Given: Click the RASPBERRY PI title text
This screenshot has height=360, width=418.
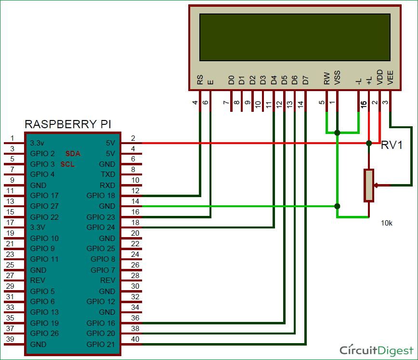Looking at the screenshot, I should [68, 124].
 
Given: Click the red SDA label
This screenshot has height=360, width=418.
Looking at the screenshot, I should [73, 154].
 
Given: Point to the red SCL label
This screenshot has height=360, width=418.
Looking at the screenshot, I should [67, 164].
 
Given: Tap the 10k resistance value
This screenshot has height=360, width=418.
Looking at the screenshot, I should [386, 223].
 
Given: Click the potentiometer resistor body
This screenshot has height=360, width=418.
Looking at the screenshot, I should [369, 185].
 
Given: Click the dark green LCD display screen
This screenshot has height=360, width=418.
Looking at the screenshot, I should [294, 37].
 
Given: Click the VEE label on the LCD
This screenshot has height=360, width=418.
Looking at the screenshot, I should [390, 78].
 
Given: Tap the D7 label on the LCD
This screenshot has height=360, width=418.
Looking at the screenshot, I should [305, 80].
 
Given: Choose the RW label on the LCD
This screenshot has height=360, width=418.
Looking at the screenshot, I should [327, 78].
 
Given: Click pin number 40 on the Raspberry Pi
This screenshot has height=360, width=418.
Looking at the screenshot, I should [135, 340].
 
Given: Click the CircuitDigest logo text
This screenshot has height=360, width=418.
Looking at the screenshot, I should [376, 350].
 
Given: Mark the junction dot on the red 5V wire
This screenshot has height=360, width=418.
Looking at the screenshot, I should [369, 143].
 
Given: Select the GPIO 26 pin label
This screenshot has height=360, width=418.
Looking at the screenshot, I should [44, 333].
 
